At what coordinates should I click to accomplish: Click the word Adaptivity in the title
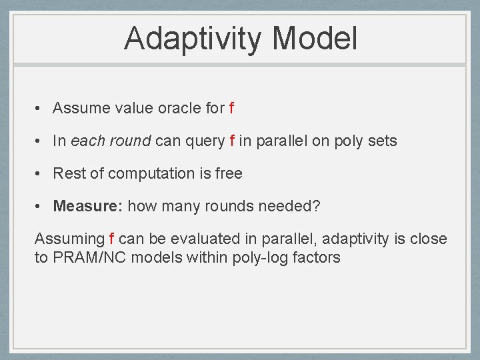point(193,39)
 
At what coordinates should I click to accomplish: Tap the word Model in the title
point(315,38)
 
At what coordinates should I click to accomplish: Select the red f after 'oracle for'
point(232,108)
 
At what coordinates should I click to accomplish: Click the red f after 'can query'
point(232,141)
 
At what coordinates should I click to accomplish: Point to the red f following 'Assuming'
point(112,239)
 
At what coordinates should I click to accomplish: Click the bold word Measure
point(88,206)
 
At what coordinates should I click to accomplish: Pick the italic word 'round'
point(131,141)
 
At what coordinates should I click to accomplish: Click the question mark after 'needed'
point(317,206)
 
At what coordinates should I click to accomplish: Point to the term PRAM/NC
point(89,257)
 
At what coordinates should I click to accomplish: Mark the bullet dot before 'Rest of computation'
point(37,173)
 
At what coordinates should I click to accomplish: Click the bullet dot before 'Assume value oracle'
point(37,108)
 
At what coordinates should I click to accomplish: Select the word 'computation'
point(151,174)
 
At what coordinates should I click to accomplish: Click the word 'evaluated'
point(205,239)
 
